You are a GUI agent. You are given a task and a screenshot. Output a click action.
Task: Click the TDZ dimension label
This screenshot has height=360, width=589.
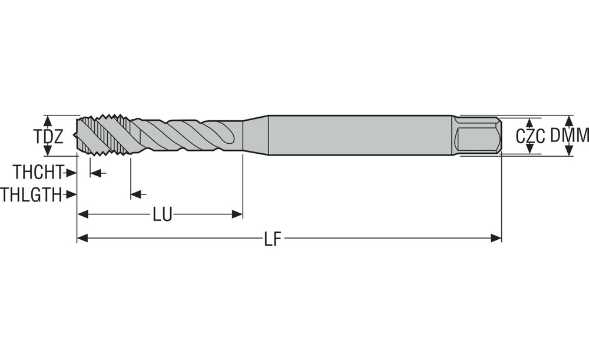click(49, 137)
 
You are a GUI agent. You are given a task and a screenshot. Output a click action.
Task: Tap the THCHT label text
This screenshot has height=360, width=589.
click(38, 172)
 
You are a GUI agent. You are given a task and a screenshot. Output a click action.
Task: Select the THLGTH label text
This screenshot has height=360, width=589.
click(31, 194)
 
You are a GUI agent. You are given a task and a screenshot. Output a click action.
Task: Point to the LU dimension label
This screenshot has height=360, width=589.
click(163, 215)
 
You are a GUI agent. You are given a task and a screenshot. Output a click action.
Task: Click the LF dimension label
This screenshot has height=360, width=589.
click(273, 239)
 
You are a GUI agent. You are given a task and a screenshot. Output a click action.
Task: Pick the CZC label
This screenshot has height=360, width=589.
click(530, 137)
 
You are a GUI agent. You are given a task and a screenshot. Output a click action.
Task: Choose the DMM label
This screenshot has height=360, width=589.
click(570, 136)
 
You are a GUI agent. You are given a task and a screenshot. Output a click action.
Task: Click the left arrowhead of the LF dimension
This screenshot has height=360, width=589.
click(82, 238)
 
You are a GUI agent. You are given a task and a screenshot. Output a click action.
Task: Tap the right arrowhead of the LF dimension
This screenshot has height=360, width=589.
click(496, 238)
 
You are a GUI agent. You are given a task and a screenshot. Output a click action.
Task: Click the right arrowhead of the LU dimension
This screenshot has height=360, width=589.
click(237, 214)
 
